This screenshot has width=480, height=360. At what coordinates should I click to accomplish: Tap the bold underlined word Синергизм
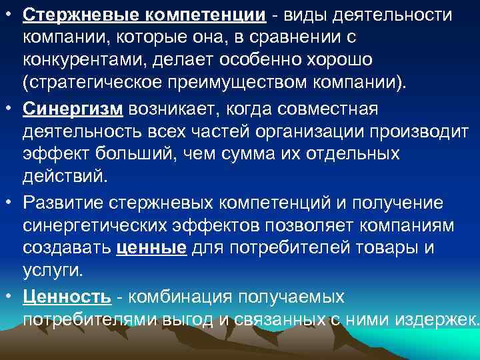[73, 109]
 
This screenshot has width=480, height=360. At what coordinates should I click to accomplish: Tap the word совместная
[325, 109]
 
